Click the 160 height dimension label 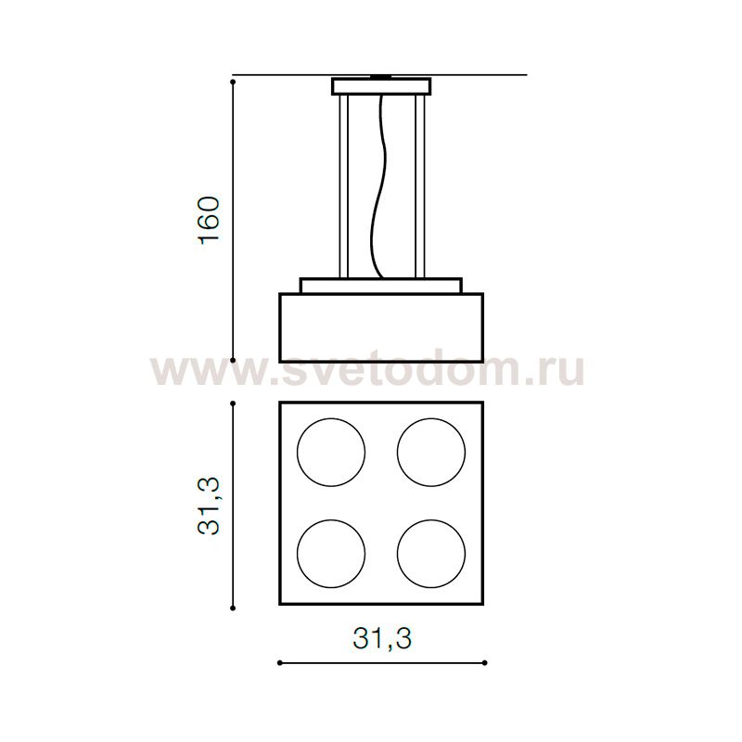pos(210,220)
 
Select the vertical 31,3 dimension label pos(210,505)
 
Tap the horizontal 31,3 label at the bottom pos(382,638)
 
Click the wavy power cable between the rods pos(382,185)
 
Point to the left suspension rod pos(344,186)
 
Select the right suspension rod pos(420,186)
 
